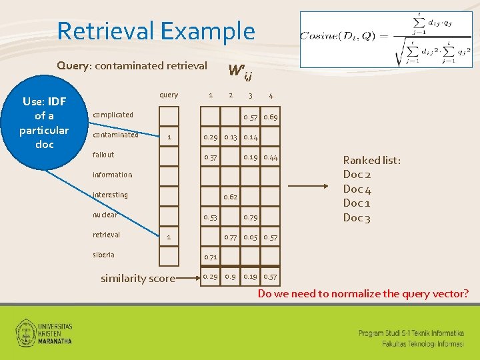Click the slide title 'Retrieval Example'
[x=156, y=31]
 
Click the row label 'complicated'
[x=113, y=115]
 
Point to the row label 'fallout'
[x=103, y=155]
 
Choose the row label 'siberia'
[x=103, y=255]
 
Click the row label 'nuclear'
[x=105, y=215]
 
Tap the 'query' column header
[x=169, y=95]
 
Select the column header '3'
[x=251, y=95]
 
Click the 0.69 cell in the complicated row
[x=271, y=117]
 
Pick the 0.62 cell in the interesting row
[x=231, y=197]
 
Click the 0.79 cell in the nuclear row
[x=251, y=217]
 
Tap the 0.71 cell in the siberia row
[x=211, y=257]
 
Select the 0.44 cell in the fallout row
[x=271, y=157]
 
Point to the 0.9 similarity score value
[x=231, y=277]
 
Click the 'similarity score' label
[x=138, y=279]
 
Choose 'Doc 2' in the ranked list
[x=357, y=175]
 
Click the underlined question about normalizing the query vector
[x=363, y=293]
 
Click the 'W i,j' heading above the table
[x=240, y=71]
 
